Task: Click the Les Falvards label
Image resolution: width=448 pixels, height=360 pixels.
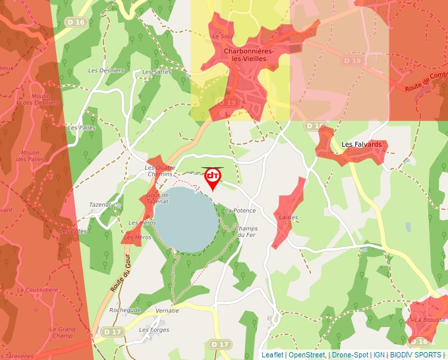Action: pos(361,144)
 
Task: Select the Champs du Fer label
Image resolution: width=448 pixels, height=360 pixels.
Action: pos(245,232)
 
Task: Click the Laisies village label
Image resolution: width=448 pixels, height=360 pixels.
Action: pos(289,217)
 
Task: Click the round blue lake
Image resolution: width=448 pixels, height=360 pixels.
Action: pos(186,220)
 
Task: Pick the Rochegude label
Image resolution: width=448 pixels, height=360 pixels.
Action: pos(125,310)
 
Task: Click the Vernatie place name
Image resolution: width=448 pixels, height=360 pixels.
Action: pos(167,310)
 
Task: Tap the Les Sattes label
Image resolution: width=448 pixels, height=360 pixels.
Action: pos(157,72)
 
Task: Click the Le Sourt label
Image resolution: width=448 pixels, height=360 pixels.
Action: pos(224,37)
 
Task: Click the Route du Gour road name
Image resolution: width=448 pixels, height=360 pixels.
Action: pos(118,278)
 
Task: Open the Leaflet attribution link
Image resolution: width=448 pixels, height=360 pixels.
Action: pos(272,355)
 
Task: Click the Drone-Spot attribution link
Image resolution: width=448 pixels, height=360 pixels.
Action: pos(350,355)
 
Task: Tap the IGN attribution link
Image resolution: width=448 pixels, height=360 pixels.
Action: pos(379,355)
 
